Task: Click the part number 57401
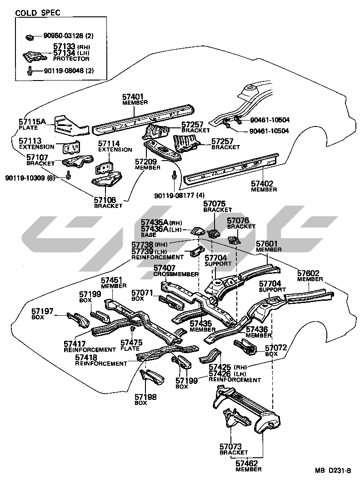[133, 96]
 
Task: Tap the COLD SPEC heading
[38, 12]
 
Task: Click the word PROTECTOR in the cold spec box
[71, 59]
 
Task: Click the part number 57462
[247, 463]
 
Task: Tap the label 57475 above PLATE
[131, 343]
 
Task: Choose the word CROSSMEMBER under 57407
[176, 274]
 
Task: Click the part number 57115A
[33, 121]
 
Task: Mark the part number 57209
[145, 161]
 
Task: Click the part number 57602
[309, 273]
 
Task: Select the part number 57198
[146, 397]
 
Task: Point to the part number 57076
[238, 221]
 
